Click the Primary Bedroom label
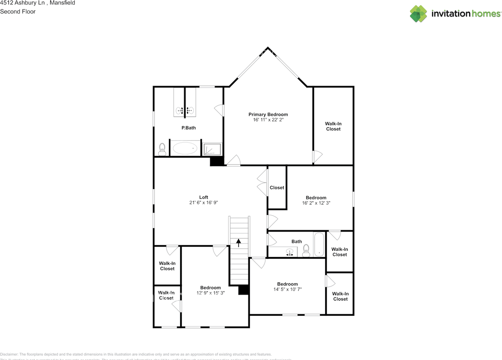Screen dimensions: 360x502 coord(268,115)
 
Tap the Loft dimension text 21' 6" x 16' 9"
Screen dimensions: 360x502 coord(203,203)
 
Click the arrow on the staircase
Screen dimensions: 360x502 coord(238,242)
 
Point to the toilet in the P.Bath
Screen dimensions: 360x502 coord(162,149)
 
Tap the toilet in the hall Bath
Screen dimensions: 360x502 coord(306,250)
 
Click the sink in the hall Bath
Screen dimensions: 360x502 coord(290,252)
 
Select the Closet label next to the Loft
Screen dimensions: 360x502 coord(277,187)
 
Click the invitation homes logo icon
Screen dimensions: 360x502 coord(418,14)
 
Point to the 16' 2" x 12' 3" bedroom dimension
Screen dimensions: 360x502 coord(316,203)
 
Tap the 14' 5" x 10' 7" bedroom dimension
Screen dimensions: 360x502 coord(287,289)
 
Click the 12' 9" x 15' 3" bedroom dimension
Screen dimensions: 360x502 coord(211,293)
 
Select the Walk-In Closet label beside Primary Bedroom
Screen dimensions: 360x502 coord(333,126)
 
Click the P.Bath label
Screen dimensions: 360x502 coord(188,128)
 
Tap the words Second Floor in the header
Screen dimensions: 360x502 coord(18,11)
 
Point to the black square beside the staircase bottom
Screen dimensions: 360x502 coord(244,290)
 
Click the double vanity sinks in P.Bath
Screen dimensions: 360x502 coord(185,111)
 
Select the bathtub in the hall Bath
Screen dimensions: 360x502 coord(319,245)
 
